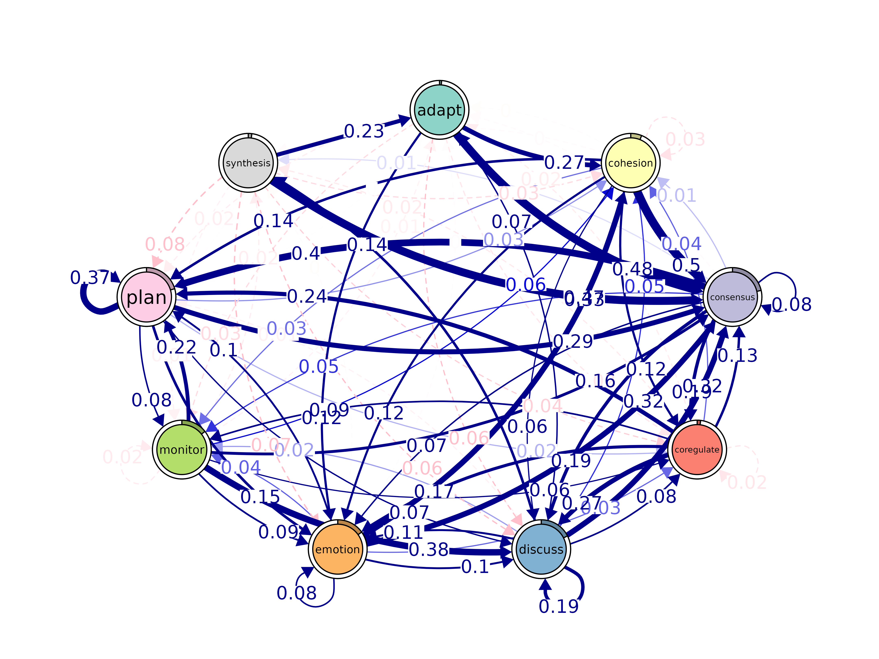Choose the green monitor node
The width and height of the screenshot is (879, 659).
click(182, 450)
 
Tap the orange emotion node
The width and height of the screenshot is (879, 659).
click(337, 549)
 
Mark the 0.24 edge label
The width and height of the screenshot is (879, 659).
click(307, 296)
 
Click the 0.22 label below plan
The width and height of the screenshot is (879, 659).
click(176, 348)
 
